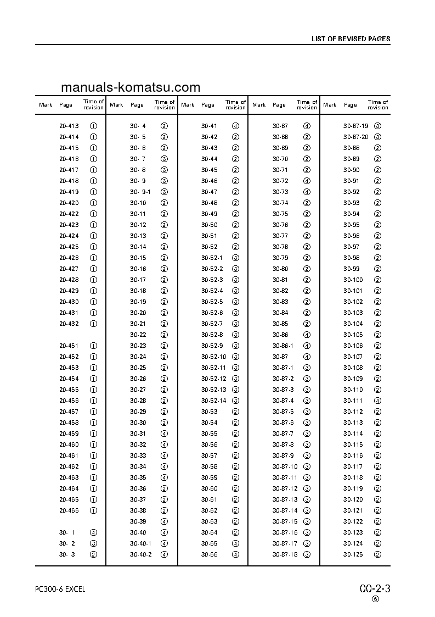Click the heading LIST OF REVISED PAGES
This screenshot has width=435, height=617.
pyautogui.click(x=351, y=39)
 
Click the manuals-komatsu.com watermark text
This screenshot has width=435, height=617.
pyautogui.click(x=131, y=87)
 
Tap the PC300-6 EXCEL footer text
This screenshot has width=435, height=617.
pyautogui.click(x=60, y=589)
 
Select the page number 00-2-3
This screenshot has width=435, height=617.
pyautogui.click(x=375, y=588)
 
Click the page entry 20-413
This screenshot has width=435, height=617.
pyautogui.click(x=69, y=126)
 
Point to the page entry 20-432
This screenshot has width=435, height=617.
pyautogui.click(x=69, y=324)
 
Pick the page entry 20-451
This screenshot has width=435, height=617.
pyautogui.click(x=69, y=346)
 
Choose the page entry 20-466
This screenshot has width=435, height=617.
pyautogui.click(x=69, y=510)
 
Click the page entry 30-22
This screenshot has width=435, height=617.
pyautogui.click(x=138, y=335)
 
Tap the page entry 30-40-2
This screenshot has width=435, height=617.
pyautogui.click(x=140, y=554)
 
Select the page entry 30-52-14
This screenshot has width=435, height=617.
pyautogui.click(x=213, y=401)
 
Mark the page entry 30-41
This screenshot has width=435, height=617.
pyautogui.click(x=209, y=126)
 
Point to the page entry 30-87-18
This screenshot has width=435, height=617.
pyautogui.click(x=285, y=554)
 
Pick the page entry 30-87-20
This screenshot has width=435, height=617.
pyautogui.click(x=355, y=137)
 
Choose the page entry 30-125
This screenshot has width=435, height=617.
pyautogui.click(x=353, y=554)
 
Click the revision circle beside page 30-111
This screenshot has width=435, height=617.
pyautogui.click(x=377, y=401)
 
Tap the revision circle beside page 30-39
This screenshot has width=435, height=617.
pyautogui.click(x=164, y=521)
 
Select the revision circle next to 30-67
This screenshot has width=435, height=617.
pyautogui.click(x=307, y=126)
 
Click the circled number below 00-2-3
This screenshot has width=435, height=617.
pyautogui.click(x=375, y=600)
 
